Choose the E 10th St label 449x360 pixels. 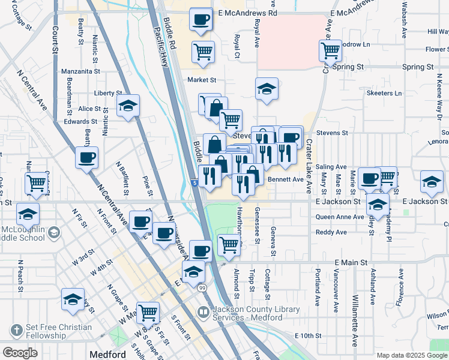pos(310,335)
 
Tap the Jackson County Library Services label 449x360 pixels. pos(248,314)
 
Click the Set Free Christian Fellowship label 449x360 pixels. pos(58,331)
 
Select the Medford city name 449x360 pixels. pos(107,355)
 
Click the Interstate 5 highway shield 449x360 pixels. pos(196,182)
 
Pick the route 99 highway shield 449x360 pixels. pos(203,289)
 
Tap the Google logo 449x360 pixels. pos(20,353)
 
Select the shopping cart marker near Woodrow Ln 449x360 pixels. pos(330,50)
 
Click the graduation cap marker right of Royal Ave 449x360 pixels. pos(267,89)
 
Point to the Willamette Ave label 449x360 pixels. pos(355,321)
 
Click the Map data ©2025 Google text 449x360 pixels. pos(412,355)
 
